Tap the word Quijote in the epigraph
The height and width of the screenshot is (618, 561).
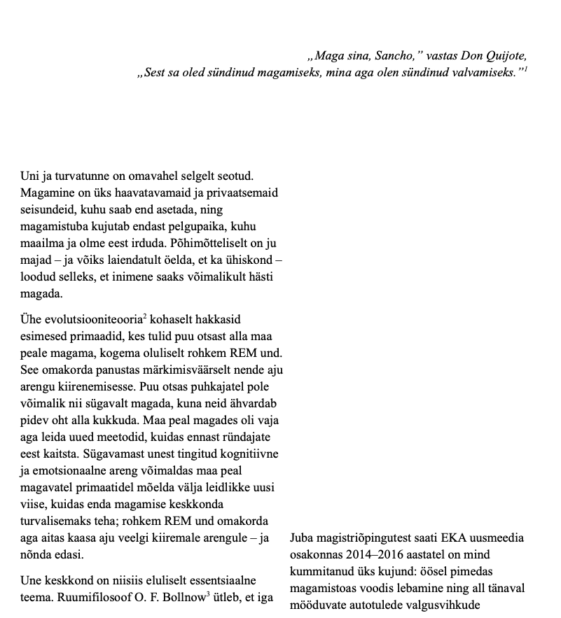(504, 56)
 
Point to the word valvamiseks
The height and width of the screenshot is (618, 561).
(483, 73)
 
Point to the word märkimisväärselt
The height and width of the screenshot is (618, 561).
(156, 370)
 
